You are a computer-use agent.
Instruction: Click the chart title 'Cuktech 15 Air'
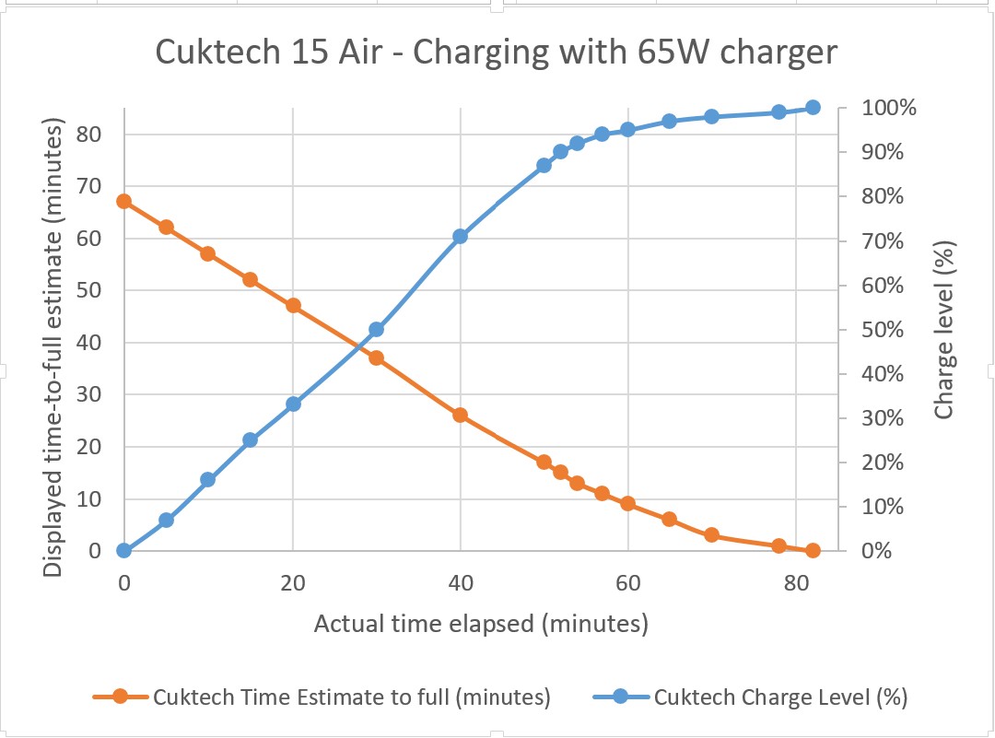click(x=496, y=52)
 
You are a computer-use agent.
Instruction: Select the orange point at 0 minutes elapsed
click(x=124, y=201)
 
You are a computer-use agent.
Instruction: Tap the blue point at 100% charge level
click(x=813, y=108)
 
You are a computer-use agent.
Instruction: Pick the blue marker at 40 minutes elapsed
click(x=461, y=237)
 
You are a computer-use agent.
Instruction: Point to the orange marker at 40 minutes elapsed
click(x=461, y=416)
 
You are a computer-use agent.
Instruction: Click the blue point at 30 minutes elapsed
click(x=376, y=329)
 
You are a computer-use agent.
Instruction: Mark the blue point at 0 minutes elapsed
click(x=124, y=551)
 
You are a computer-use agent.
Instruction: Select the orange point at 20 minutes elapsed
click(x=293, y=306)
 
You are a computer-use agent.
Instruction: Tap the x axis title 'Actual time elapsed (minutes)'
click(x=481, y=624)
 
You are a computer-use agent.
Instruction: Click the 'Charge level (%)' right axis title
click(x=943, y=329)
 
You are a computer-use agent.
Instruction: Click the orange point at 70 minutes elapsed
click(x=711, y=535)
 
